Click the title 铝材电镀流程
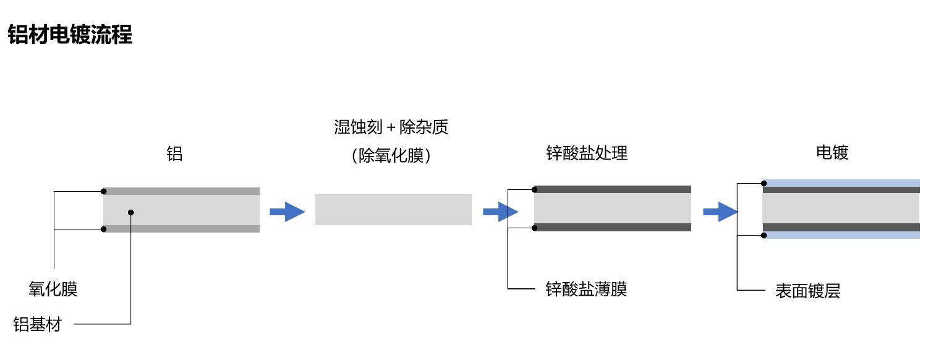tap(70, 35)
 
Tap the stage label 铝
tap(175, 153)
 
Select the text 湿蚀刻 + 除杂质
tap(391, 128)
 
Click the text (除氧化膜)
tap(391, 155)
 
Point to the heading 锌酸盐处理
tap(587, 153)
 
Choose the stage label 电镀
tap(832, 152)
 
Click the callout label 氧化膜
tap(53, 289)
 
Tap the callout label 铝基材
tap(38, 324)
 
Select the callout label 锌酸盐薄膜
tap(586, 289)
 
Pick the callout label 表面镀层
tap(807, 291)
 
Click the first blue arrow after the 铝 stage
tap(287, 212)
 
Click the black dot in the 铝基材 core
tap(131, 212)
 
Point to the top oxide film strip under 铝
tap(181, 191)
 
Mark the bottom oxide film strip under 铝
tap(181, 229)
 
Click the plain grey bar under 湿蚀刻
tap(393, 210)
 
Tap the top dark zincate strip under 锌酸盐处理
tap(612, 189)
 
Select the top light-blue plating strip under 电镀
tap(841, 182)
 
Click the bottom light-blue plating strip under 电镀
tap(841, 235)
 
